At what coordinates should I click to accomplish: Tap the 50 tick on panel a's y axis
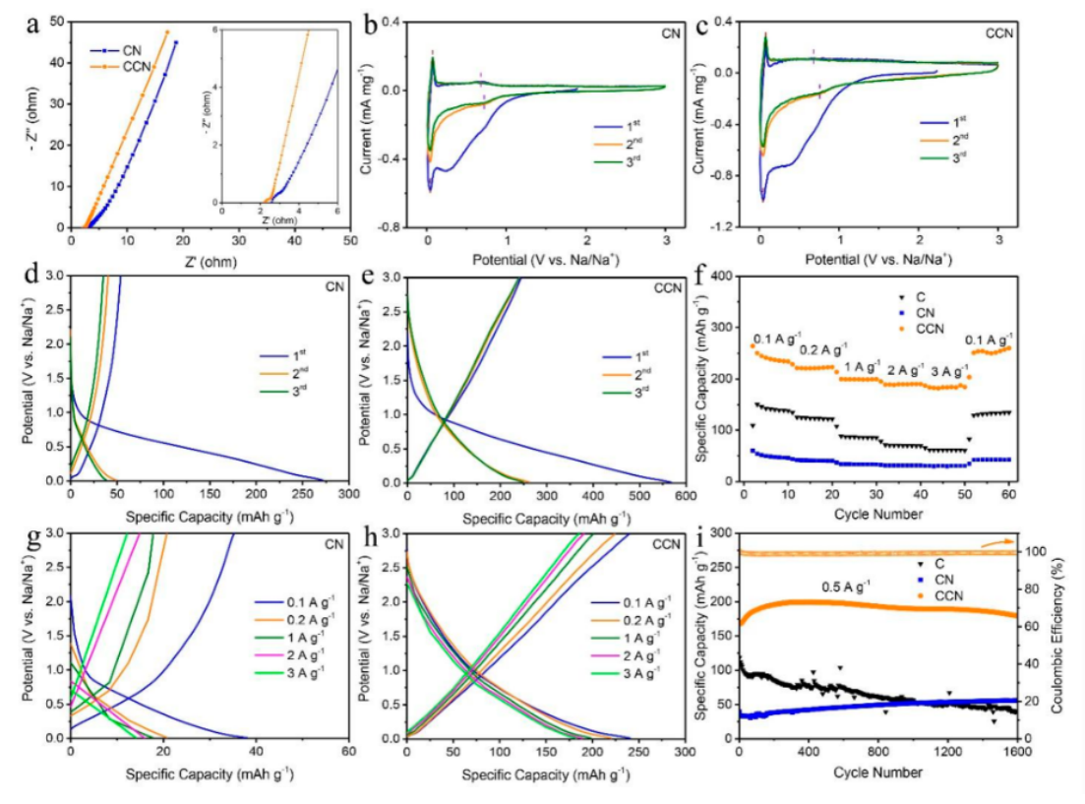[57, 21]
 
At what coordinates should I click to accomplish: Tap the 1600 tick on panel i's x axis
[1016, 751]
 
